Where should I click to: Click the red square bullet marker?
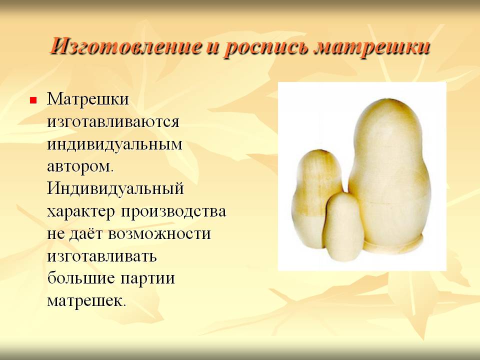33,100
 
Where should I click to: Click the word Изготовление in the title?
125,46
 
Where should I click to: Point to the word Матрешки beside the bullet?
88,99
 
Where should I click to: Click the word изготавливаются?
113,121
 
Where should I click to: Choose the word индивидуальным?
114,144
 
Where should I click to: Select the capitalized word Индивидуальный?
115,189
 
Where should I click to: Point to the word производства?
173,211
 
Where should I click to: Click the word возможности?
159,234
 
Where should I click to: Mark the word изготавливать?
102,256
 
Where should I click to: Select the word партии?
148,279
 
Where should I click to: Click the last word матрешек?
86,301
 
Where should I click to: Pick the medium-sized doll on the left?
315,196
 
